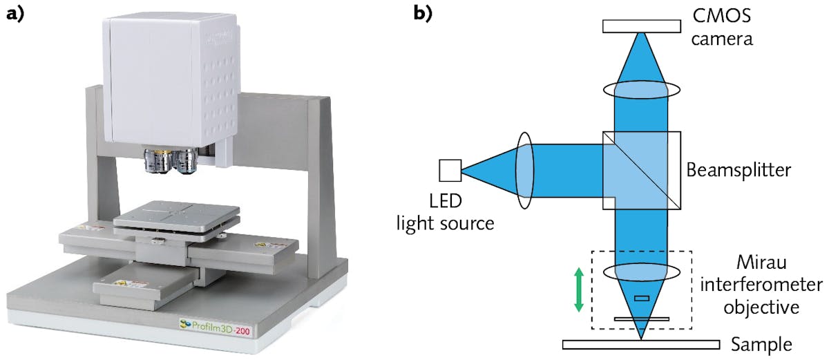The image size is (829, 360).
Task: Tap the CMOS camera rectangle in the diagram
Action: (x=641, y=26)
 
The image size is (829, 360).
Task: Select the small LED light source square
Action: (x=450, y=169)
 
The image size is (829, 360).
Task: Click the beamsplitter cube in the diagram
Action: (x=641, y=170)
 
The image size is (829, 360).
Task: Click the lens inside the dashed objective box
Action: (x=641, y=271)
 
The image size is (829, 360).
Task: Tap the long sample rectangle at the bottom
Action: (x=641, y=344)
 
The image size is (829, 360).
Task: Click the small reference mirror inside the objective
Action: (x=641, y=299)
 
